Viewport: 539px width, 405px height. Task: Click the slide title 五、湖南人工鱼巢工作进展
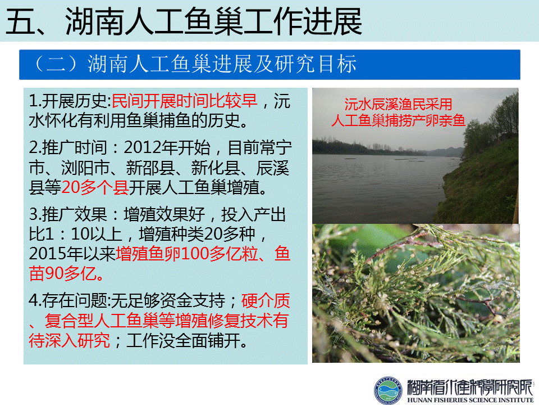(184, 21)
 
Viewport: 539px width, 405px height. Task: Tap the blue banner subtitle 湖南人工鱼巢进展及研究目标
(222, 64)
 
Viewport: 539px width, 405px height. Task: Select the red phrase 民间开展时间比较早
(185, 101)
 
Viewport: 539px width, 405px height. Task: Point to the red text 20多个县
(95, 188)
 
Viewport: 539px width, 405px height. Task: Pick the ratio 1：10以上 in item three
(92, 234)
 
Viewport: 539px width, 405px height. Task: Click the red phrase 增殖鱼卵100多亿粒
(187, 254)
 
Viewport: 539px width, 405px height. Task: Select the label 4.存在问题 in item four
(68, 300)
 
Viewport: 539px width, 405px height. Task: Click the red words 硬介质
(266, 300)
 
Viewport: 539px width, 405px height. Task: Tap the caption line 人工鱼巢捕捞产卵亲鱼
(398, 120)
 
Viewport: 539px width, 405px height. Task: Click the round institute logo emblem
(388, 390)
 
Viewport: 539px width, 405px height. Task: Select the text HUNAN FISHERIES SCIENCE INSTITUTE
(471, 400)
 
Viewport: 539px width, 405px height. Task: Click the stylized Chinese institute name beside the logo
(470, 388)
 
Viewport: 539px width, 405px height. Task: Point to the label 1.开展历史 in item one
(68, 101)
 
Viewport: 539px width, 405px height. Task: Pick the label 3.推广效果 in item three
(68, 214)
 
